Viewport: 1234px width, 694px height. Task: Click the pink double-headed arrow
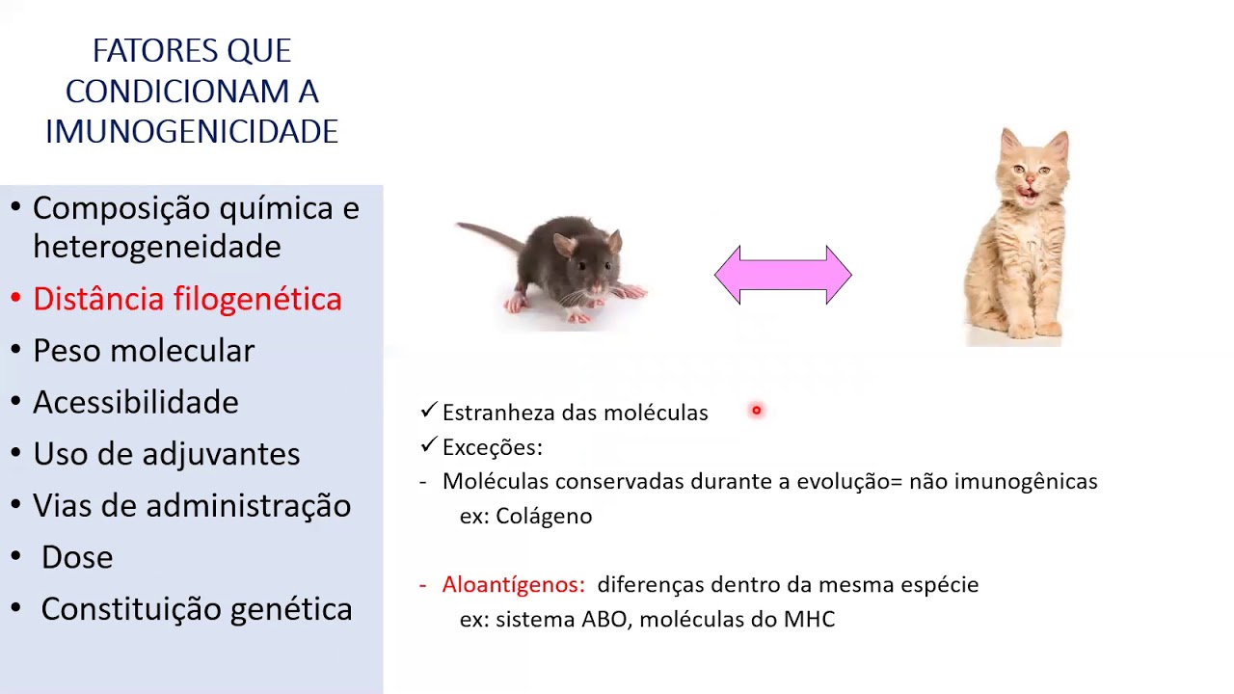click(x=783, y=276)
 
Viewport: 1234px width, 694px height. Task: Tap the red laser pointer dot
click(x=757, y=411)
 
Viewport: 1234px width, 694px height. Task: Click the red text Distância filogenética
click(x=187, y=299)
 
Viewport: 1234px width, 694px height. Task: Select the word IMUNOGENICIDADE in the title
click(x=192, y=132)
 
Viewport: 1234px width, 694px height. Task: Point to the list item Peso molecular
click(x=144, y=351)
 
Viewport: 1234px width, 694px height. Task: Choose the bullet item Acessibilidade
click(x=136, y=402)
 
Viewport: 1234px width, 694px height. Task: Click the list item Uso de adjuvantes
click(x=167, y=454)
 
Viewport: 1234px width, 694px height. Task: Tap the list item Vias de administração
click(x=192, y=505)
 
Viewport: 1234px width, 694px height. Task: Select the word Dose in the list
click(x=77, y=557)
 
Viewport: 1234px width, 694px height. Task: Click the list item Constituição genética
click(x=197, y=609)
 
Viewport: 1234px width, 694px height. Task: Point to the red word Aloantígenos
click(x=513, y=584)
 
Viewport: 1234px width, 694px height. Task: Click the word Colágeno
click(x=544, y=516)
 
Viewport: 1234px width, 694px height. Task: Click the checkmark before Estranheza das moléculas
click(x=429, y=412)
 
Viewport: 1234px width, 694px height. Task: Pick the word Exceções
click(x=492, y=447)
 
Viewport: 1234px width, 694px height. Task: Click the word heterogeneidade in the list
click(x=157, y=247)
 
